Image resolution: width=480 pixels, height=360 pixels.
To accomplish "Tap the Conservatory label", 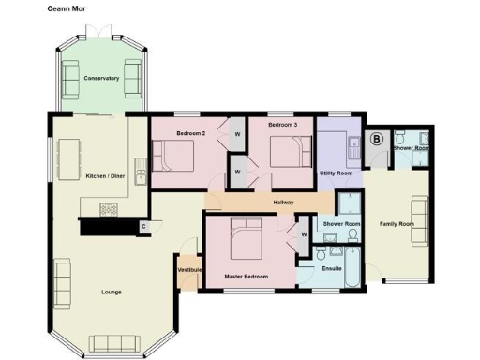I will tap(100, 78).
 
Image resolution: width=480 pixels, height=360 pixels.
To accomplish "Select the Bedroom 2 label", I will tap(191, 134).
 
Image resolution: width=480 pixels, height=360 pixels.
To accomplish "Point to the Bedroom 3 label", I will tap(281, 125).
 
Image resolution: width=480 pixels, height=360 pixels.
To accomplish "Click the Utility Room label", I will tap(336, 173).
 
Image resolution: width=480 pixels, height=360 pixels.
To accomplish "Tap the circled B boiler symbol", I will tap(378, 139).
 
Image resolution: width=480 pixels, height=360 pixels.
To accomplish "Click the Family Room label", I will tap(396, 224).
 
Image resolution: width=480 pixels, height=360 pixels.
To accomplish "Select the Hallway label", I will tap(285, 202).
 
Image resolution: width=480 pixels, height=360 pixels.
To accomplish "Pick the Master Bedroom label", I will tap(247, 277).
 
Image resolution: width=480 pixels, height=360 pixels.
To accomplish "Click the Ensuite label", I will tap(332, 269).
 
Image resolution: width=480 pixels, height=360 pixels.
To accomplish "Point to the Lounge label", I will tap(111, 292).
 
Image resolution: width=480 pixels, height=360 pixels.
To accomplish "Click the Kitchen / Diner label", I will tap(105, 176).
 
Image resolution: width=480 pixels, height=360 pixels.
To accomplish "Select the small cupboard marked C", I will tap(143, 226).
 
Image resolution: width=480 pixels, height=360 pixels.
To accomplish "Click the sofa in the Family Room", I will tap(419, 223).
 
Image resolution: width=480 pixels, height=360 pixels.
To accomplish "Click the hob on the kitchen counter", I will tap(106, 208).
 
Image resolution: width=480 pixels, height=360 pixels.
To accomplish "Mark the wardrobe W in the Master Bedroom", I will tap(304, 233).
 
